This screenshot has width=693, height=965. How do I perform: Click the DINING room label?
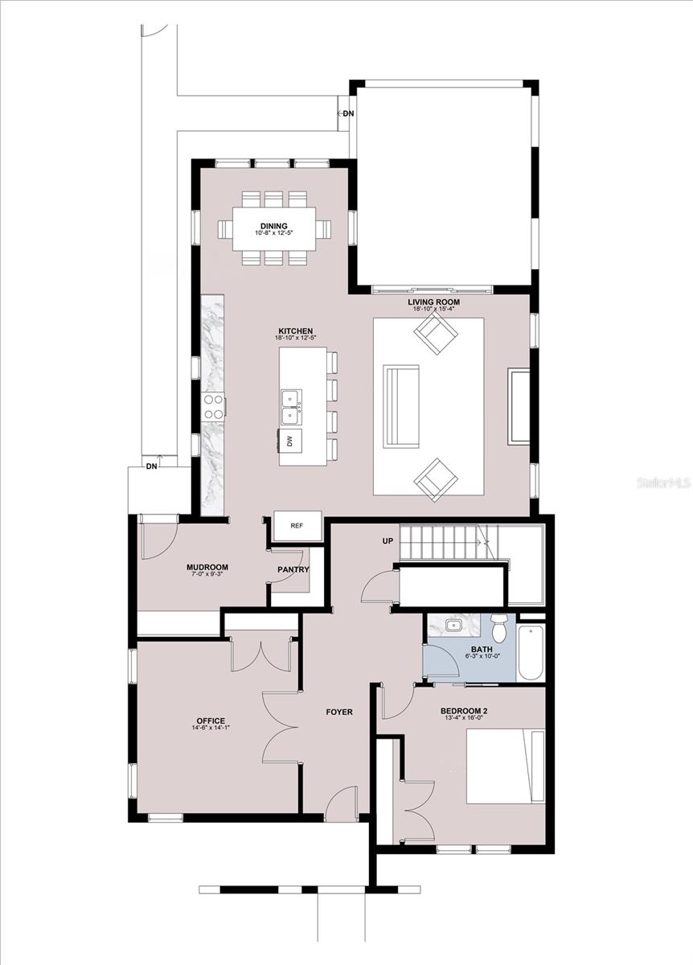[273, 226]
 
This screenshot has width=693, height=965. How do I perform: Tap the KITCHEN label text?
[296, 331]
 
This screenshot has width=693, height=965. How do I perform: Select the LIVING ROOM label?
[433, 302]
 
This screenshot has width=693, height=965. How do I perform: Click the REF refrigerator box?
[298, 526]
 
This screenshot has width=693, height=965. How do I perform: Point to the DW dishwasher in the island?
[290, 441]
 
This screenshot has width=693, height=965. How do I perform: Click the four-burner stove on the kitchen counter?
[214, 407]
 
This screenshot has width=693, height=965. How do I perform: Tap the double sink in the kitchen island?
[291, 407]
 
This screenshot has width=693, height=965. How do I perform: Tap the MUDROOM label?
[207, 568]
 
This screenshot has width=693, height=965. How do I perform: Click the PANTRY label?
[293, 569]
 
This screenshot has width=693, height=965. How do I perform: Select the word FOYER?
[339, 712]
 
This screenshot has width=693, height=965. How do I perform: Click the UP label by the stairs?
[388, 540]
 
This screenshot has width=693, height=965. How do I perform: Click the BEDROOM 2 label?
[464, 711]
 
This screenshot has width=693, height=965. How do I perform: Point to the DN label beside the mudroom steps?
[152, 466]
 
